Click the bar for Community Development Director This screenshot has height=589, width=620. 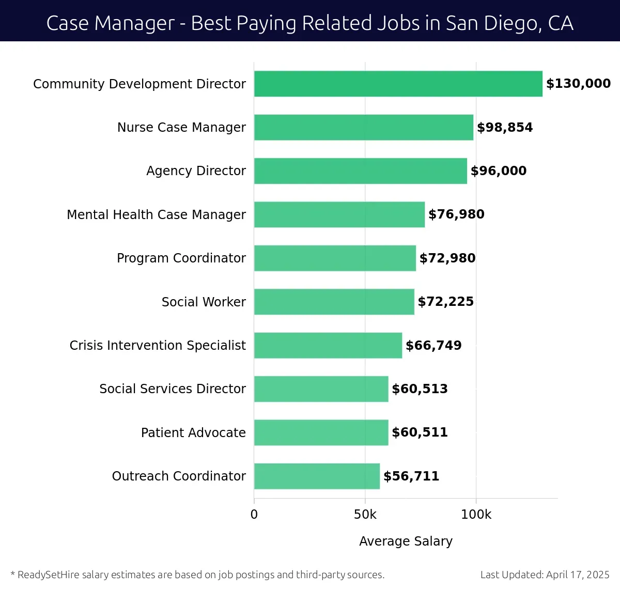pyautogui.click(x=398, y=84)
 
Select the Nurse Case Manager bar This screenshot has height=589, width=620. pyautogui.click(x=363, y=127)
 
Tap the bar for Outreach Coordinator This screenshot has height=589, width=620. pyautogui.click(x=317, y=476)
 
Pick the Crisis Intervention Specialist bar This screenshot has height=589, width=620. pyautogui.click(x=328, y=345)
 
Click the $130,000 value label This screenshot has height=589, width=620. pyautogui.click(x=578, y=84)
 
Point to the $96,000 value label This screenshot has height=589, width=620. pyautogui.click(x=499, y=171)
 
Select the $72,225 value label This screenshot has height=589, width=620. pyautogui.click(x=445, y=302)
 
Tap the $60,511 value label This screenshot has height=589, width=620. pyautogui.click(x=420, y=432)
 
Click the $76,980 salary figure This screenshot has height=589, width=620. pyautogui.click(x=456, y=214)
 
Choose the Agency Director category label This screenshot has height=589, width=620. pyautogui.click(x=196, y=171)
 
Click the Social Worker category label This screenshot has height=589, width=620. pyautogui.click(x=204, y=302)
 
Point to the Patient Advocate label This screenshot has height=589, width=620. pyautogui.click(x=193, y=432)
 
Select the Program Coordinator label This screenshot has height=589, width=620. pyautogui.click(x=181, y=258)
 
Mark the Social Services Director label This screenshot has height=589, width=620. pyautogui.click(x=173, y=389)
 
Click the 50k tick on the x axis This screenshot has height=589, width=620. pyautogui.click(x=365, y=515)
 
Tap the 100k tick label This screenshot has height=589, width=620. pyautogui.click(x=476, y=515)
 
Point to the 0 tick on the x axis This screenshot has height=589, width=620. pyautogui.click(x=254, y=515)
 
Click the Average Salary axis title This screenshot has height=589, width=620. pyautogui.click(x=406, y=541)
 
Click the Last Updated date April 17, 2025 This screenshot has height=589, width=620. pyautogui.click(x=578, y=575)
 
